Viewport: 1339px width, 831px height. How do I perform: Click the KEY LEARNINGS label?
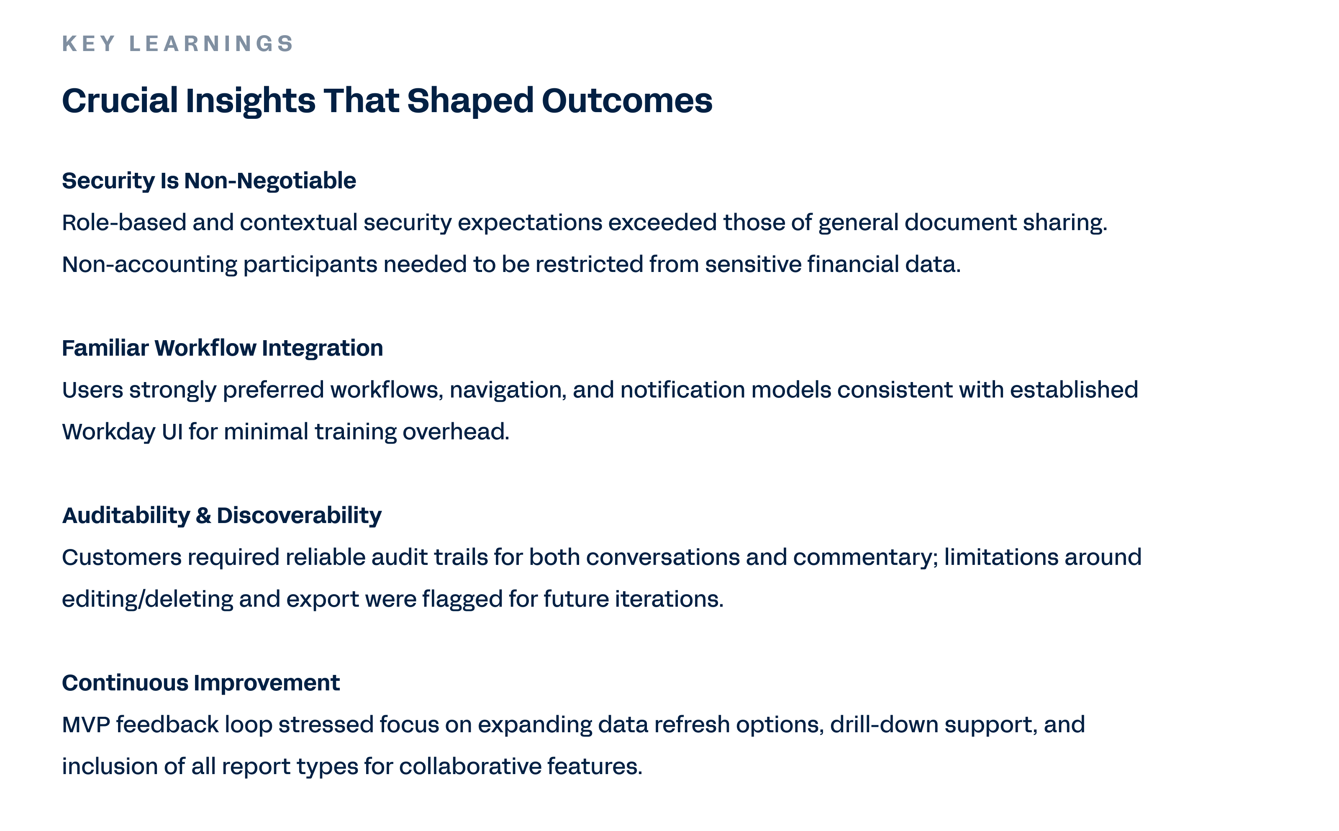point(177,44)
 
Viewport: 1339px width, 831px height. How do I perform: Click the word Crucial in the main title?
point(120,100)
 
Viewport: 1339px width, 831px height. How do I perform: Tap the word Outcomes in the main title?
point(627,100)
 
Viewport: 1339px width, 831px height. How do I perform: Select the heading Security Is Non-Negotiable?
point(209,181)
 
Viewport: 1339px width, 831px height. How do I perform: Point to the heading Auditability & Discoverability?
point(221,516)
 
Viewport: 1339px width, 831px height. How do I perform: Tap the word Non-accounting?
point(149,265)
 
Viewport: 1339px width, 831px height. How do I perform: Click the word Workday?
point(109,432)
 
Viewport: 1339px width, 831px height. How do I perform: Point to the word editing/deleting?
point(147,600)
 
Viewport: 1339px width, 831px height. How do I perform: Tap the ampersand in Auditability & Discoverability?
point(203,516)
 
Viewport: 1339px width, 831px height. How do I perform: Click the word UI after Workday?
point(172,432)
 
